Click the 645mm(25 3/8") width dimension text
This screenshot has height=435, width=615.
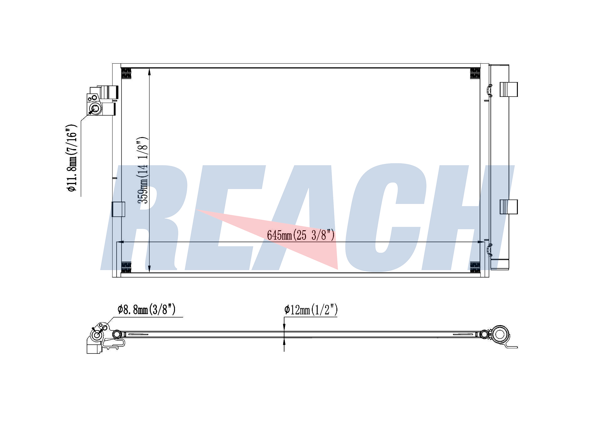[300, 235]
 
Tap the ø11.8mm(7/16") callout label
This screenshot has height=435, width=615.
[72, 158]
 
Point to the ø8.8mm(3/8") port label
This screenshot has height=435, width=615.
[146, 309]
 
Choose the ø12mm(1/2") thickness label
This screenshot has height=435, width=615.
[311, 310]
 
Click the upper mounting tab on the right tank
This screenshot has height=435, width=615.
[509, 89]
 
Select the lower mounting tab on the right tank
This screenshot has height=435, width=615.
[509, 207]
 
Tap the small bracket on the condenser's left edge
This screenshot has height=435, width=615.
[118, 209]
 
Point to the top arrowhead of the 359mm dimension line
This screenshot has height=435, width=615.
[149, 71]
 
